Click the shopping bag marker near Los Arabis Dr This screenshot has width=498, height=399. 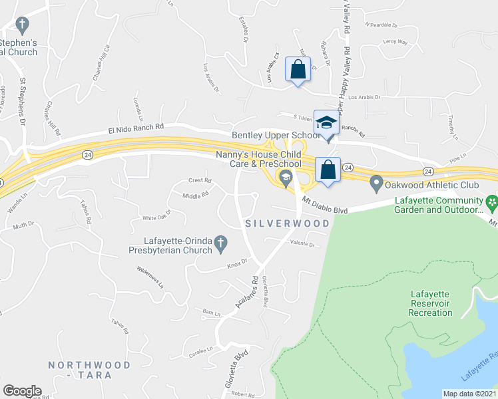(x=298, y=68)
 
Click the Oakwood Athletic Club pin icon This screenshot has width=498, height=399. (x=376, y=181)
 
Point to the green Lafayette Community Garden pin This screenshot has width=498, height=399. (x=491, y=201)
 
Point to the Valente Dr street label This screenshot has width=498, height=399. (x=302, y=244)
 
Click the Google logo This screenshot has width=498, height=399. (x=22, y=391)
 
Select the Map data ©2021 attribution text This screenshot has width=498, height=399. (x=470, y=394)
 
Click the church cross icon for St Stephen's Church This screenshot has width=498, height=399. (x=21, y=26)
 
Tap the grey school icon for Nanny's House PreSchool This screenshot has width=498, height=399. (x=286, y=176)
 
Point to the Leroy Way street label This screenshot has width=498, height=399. (x=395, y=42)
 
